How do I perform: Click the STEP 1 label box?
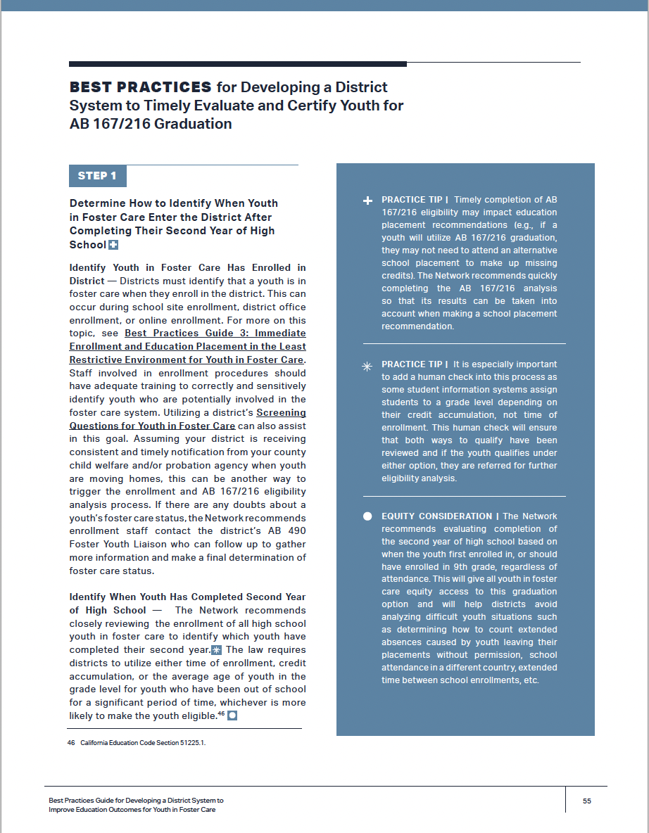[97, 176]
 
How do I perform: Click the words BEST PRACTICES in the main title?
[140, 87]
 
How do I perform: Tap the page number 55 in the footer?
[587, 801]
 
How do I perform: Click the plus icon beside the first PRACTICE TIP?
[367, 201]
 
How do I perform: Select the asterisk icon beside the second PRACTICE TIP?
[367, 366]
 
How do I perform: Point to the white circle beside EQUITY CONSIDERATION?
[367, 516]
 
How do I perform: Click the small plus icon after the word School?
[113, 245]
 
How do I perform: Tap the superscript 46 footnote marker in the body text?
[221, 713]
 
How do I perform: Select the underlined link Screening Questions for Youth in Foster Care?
[152, 426]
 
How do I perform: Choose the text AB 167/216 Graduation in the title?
[151, 125]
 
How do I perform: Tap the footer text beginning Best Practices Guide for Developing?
[136, 801]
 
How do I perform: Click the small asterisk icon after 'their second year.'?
[216, 649]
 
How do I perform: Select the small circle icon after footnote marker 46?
[232, 716]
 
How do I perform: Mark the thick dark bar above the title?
[238, 64]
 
